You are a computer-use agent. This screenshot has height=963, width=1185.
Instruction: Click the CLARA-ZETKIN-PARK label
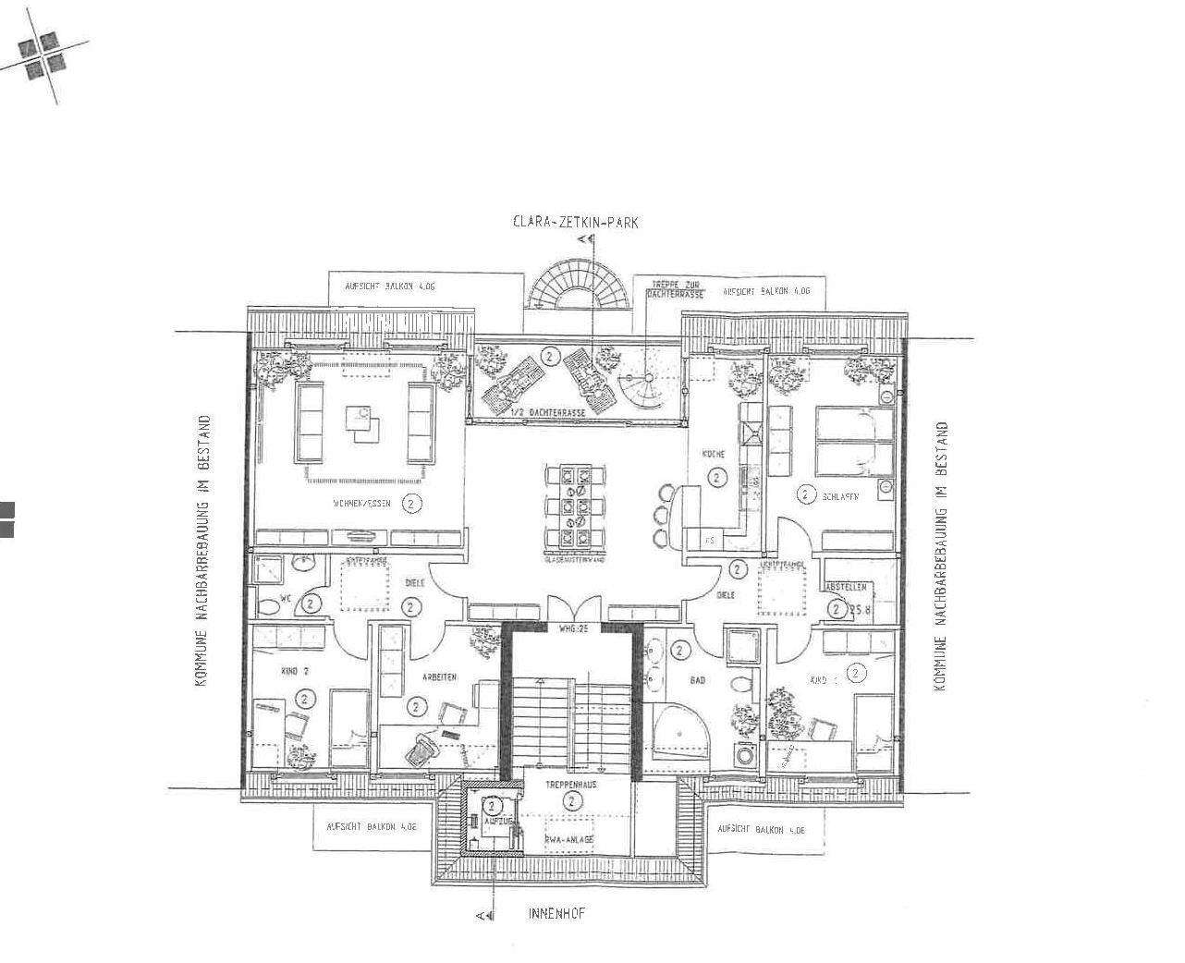pyautogui.click(x=576, y=222)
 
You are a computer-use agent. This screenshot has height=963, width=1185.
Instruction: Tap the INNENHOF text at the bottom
pyautogui.click(x=556, y=914)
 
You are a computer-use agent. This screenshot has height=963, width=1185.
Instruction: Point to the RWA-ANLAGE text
pyautogui.click(x=569, y=839)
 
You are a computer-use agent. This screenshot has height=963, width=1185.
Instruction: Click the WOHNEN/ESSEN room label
pyautogui.click(x=363, y=504)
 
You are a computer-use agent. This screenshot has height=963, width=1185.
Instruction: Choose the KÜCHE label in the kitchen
pyautogui.click(x=713, y=455)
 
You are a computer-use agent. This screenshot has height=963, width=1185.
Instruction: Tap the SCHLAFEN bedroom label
pyautogui.click(x=840, y=496)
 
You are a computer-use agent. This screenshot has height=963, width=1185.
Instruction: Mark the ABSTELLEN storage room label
pyautogui.click(x=846, y=587)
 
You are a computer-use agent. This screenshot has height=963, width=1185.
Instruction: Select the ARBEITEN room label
pyautogui.click(x=440, y=677)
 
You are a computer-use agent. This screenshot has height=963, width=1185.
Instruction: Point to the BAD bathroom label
pyautogui.click(x=697, y=680)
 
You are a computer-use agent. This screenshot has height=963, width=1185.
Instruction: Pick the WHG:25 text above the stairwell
pyautogui.click(x=572, y=629)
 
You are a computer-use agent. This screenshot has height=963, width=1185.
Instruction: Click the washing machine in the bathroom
pyautogui.click(x=745, y=753)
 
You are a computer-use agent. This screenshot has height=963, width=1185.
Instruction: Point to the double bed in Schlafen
pyautogui.click(x=855, y=443)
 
